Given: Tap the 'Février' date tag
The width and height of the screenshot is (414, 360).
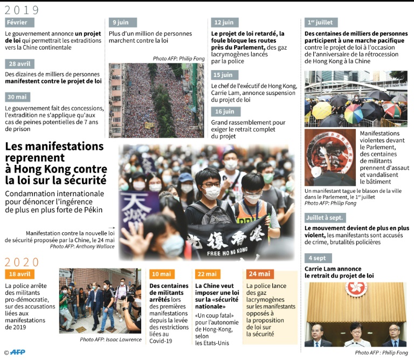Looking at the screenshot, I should click(19, 22).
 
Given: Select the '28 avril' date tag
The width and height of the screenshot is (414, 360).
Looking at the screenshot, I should click(19, 64).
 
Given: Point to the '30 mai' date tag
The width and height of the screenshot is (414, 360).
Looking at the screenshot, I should click(17, 97).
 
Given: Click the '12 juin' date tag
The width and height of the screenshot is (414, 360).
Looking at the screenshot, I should click(223, 22).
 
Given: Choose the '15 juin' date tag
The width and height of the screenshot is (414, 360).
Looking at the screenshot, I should click(223, 75).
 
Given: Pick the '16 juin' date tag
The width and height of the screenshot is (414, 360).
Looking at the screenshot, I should click(223, 112).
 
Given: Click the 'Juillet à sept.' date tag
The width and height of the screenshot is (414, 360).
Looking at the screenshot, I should click(325, 218).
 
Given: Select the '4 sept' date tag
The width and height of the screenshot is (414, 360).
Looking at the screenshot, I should click(318, 258).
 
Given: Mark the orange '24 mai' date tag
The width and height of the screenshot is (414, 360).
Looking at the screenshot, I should click(260, 274).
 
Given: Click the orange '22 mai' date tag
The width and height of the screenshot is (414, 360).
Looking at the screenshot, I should click(208, 274).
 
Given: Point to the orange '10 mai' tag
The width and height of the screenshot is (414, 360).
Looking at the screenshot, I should click(162, 274).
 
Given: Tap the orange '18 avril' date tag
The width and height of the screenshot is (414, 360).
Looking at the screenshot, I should click(19, 274).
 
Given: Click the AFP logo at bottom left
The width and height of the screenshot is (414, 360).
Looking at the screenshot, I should click(18, 352).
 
